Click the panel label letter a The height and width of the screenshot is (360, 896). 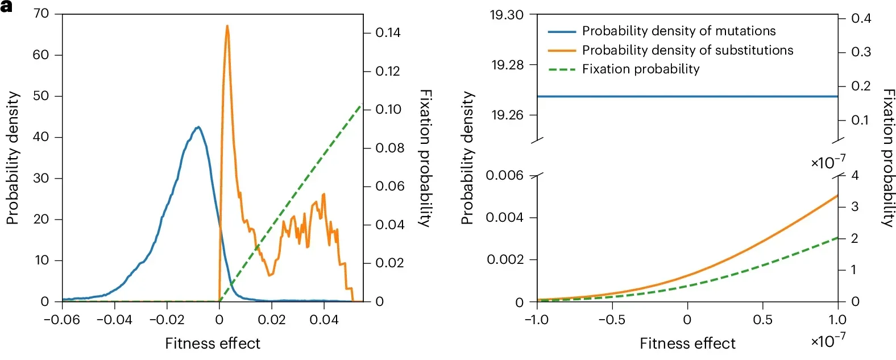[7, 7]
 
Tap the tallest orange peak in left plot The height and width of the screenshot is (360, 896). [227, 26]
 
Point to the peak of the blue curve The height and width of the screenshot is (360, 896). [198, 127]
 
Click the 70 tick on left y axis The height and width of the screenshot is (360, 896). [42, 13]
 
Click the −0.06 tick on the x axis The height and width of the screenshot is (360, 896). [61, 320]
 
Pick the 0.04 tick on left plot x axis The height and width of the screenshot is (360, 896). [324, 320]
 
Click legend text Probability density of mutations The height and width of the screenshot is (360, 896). [679, 31]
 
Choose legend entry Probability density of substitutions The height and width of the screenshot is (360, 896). [687, 50]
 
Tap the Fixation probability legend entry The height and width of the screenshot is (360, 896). [641, 69]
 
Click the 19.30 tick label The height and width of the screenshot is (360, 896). [507, 15]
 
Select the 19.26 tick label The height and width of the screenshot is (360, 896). [507, 115]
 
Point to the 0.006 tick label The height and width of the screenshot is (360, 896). [504, 175]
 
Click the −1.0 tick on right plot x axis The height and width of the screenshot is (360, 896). [536, 320]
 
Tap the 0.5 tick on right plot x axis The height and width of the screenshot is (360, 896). [762, 320]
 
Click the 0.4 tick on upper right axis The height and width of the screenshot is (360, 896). [861, 19]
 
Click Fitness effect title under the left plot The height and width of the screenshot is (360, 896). [213, 344]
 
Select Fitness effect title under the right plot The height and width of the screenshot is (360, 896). [687, 344]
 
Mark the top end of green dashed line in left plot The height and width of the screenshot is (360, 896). [361, 105]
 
